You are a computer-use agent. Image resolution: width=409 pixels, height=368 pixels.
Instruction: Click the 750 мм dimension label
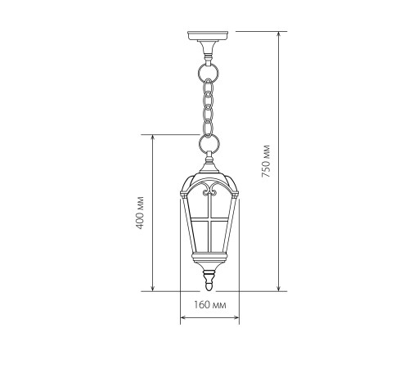[266, 161]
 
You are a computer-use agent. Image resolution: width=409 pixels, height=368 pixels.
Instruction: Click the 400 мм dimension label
[140, 213]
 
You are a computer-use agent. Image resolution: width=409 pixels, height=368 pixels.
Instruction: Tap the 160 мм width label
[210, 304]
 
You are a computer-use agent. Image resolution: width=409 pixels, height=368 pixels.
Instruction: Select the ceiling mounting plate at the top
[208, 35]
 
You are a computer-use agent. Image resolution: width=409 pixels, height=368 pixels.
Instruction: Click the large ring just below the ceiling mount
[209, 72]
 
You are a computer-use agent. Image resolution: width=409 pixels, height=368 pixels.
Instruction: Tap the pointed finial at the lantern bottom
[209, 281]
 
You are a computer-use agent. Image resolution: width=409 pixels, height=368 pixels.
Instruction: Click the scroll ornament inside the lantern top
[209, 190]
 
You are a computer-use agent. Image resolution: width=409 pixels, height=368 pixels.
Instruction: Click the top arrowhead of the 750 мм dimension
[278, 34]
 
